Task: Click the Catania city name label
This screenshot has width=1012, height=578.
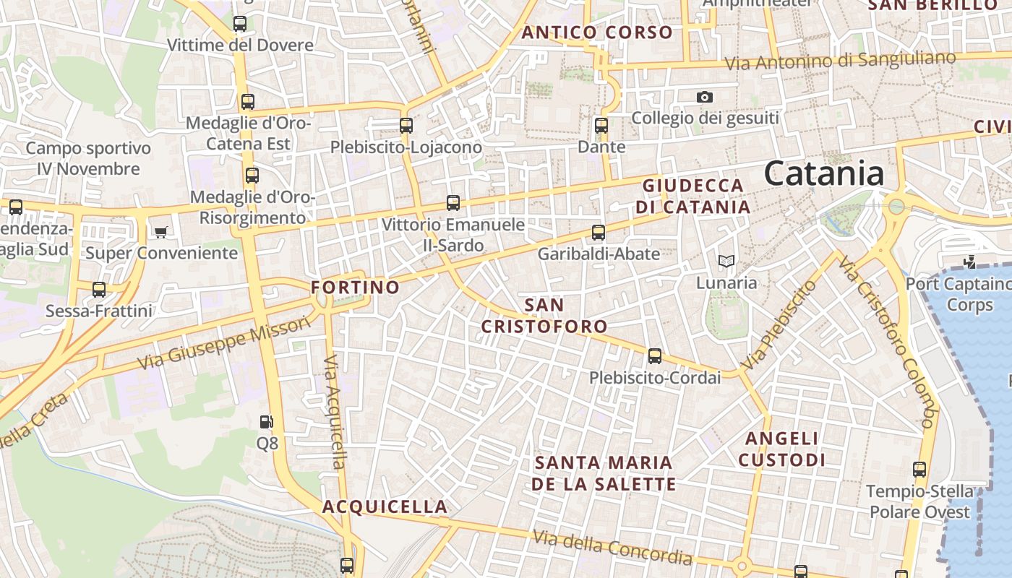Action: pos(823,174)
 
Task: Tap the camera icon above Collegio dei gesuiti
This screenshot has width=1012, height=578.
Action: pos(705,97)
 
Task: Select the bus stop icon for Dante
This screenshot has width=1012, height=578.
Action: pos(601,126)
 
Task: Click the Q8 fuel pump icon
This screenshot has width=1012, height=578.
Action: pos(267,422)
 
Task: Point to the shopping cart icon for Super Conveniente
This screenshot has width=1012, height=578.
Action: pos(160,232)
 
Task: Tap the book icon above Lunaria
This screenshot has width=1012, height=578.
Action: pos(726,261)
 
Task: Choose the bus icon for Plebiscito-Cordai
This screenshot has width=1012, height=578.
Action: pos(655,356)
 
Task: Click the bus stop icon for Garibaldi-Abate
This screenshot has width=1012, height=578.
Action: pos(599,233)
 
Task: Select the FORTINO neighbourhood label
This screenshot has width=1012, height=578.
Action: pos(355,288)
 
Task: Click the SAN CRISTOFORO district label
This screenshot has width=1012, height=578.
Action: pos(544,316)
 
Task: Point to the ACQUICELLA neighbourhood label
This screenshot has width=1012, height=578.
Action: pos(385,506)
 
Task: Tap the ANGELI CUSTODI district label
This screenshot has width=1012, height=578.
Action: pos(781,449)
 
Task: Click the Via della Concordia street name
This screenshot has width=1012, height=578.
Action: pos(612,548)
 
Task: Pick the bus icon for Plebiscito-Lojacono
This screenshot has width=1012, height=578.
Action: pos(406,126)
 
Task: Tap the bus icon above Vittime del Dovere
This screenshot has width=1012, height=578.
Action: pos(240,24)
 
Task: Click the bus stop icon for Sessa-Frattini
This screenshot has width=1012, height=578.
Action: pos(99,290)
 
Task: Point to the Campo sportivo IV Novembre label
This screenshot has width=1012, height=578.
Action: pos(88,159)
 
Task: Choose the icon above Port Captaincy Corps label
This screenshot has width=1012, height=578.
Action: pos(969,262)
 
